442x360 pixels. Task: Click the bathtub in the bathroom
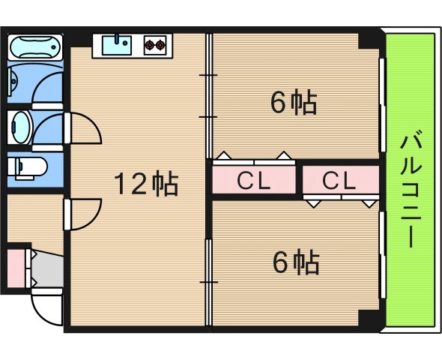pyautogui.click(x=35, y=47)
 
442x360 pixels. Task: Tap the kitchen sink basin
pyautogui.click(x=117, y=45)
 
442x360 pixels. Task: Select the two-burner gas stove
pyautogui.click(x=155, y=45)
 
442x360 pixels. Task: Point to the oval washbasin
pyautogui.click(x=21, y=127)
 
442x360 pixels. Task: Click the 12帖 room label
pyautogui.click(x=146, y=184)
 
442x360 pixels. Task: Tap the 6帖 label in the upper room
pyautogui.click(x=294, y=102)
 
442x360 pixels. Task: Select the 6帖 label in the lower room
pyautogui.click(x=296, y=262)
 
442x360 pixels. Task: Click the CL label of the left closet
pyautogui.click(x=254, y=181)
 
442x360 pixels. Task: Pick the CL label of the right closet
pyautogui.click(x=339, y=181)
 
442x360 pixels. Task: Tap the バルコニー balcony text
pyautogui.click(x=411, y=188)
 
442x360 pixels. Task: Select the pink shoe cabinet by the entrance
pyautogui.click(x=16, y=268)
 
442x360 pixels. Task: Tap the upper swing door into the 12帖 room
pyautogui.click(x=82, y=128)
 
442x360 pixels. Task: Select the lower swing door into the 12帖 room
pyautogui.click(x=82, y=214)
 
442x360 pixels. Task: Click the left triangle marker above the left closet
pyautogui.click(x=225, y=155)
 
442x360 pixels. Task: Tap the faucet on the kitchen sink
pyautogui.click(x=117, y=39)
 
